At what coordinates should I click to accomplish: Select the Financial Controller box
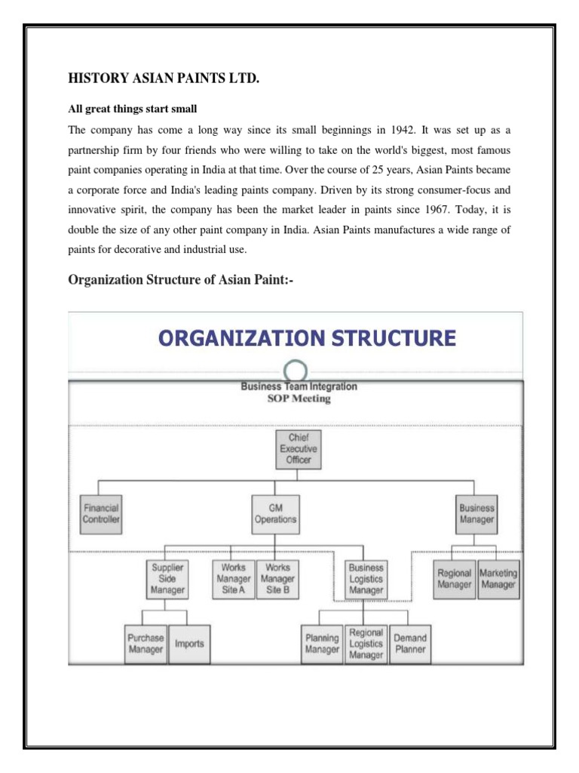point(100,513)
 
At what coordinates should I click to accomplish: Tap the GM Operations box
point(276,513)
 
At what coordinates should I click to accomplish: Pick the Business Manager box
point(476,513)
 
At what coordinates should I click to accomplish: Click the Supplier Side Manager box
point(167,579)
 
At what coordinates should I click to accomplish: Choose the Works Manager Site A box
point(233,579)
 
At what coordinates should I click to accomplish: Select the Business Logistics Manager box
point(366,579)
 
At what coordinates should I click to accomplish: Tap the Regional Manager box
point(455,579)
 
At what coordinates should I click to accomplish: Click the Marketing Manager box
point(498,579)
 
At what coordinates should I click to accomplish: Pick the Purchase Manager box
point(145,644)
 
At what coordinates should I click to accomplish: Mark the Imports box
point(189,644)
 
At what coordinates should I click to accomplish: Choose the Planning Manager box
point(322,644)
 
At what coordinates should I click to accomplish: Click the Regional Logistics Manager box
point(366,644)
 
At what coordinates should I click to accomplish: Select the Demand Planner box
point(410,644)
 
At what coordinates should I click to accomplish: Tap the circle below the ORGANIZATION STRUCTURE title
point(296,371)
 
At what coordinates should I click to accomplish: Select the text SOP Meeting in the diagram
point(299,398)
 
